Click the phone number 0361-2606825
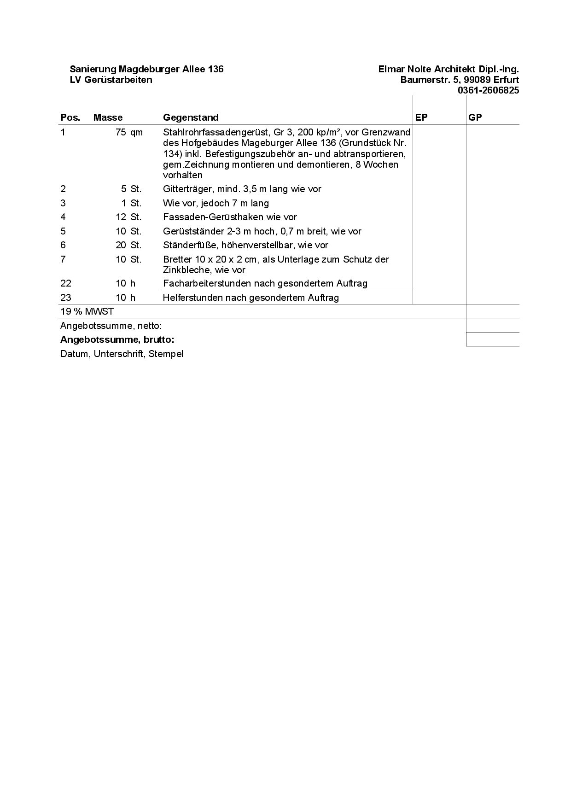click(x=488, y=90)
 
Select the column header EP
click(x=421, y=117)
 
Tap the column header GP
click(x=475, y=117)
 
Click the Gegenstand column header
click(x=191, y=117)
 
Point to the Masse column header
click(x=108, y=117)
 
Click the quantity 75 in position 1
click(x=121, y=133)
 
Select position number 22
click(x=66, y=283)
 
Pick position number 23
click(x=66, y=298)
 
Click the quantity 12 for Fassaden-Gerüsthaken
click(x=121, y=217)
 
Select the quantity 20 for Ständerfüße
click(x=121, y=245)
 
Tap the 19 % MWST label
click(x=87, y=311)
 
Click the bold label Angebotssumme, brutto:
click(x=117, y=340)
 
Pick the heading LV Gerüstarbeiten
click(x=111, y=80)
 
